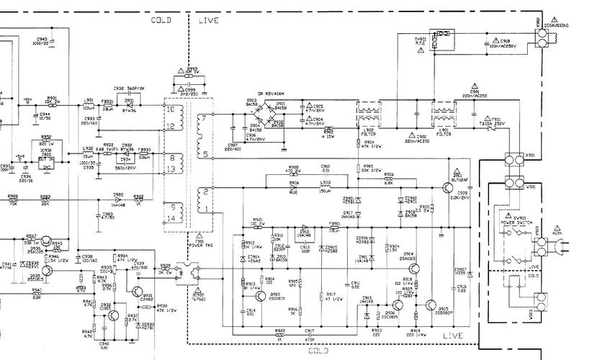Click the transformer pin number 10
click(x=169, y=109)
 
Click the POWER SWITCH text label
click(x=516, y=222)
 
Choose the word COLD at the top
click(x=161, y=21)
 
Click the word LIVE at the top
click(x=208, y=21)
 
